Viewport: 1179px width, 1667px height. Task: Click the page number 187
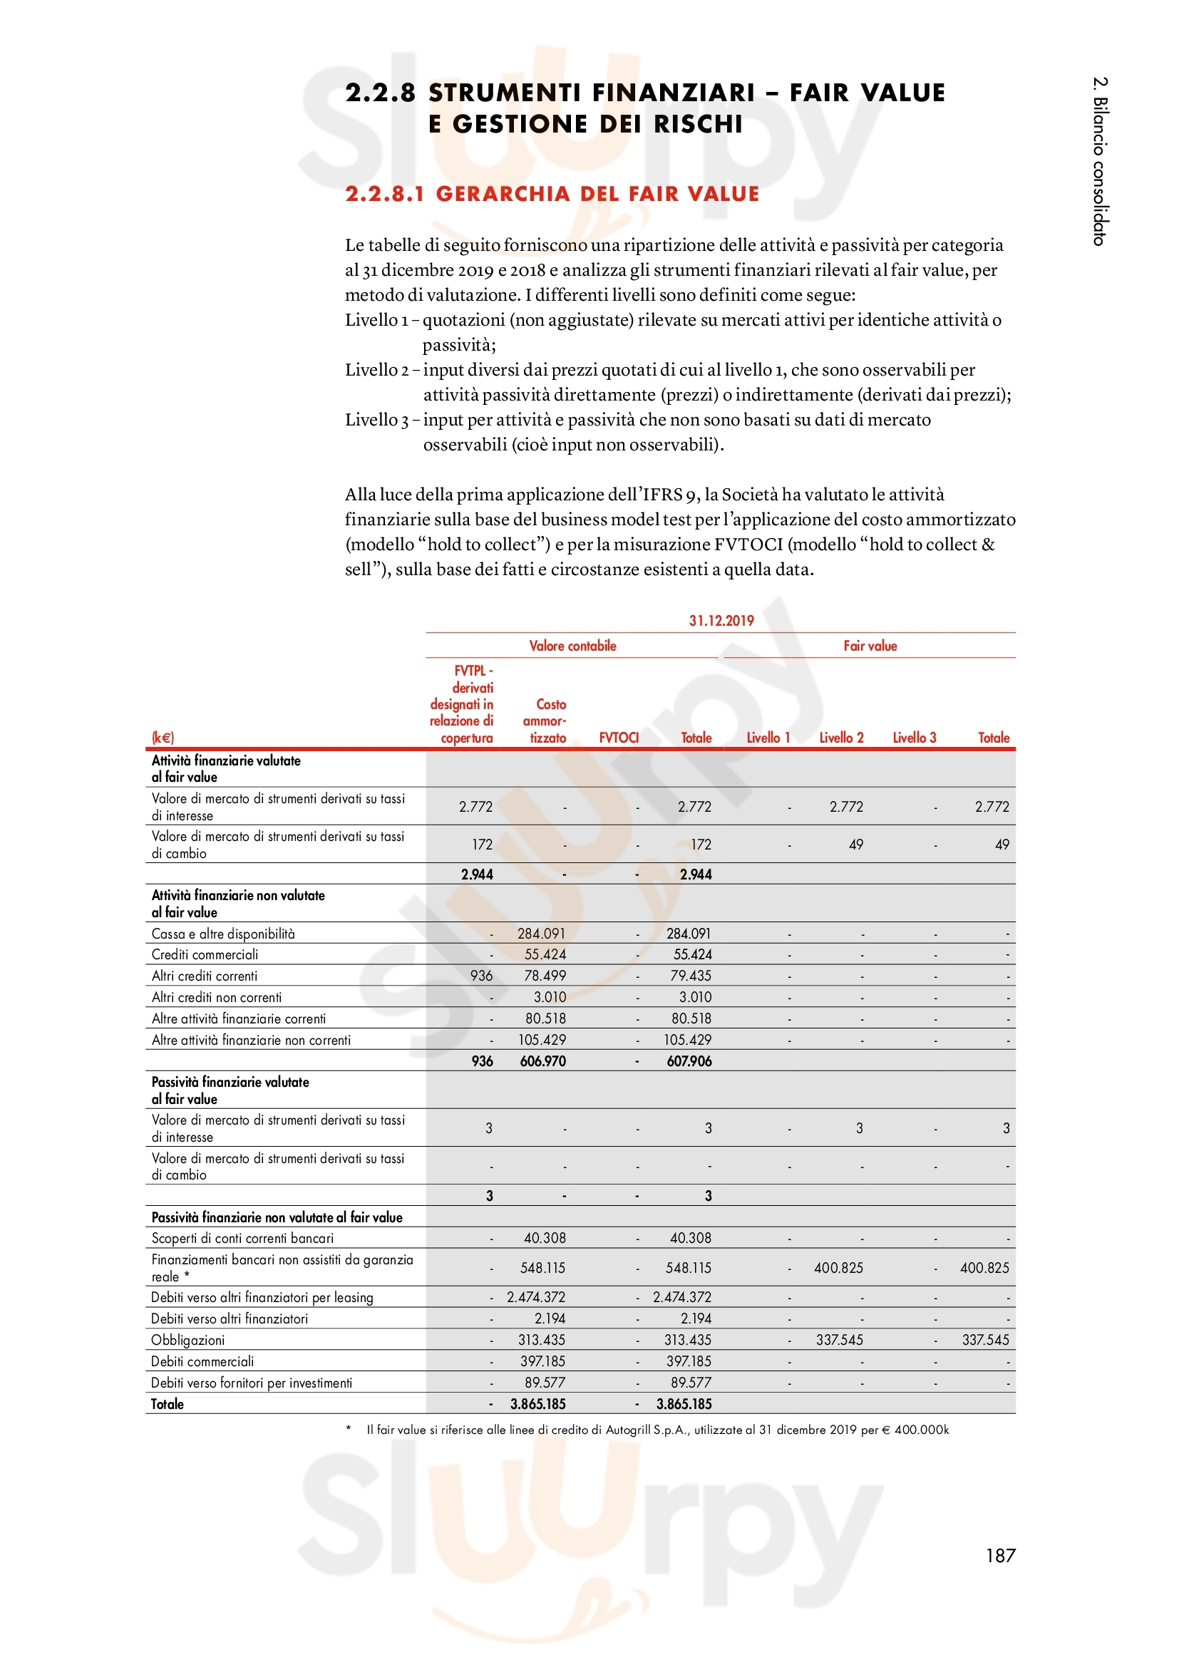[999, 1555]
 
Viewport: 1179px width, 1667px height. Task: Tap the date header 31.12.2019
[721, 620]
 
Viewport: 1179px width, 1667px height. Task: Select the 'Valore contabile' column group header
[572, 646]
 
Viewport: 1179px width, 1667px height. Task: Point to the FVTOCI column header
[619, 738]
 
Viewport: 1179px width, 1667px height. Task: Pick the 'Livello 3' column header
[914, 738]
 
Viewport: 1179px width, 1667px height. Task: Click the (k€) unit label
[163, 738]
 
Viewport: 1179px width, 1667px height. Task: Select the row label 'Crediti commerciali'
[205, 954]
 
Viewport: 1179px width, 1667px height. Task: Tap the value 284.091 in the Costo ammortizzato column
[541, 933]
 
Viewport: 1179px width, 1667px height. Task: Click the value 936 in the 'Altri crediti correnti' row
[481, 975]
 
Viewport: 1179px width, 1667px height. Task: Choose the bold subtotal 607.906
[689, 1060]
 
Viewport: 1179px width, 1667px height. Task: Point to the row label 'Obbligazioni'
[188, 1340]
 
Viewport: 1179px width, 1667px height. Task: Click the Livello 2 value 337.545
[839, 1340]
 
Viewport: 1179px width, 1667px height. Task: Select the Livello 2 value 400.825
[838, 1268]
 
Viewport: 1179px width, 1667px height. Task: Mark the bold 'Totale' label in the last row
[167, 1404]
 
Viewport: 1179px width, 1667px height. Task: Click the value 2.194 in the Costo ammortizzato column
[550, 1318]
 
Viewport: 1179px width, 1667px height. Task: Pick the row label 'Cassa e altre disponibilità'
[223, 934]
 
